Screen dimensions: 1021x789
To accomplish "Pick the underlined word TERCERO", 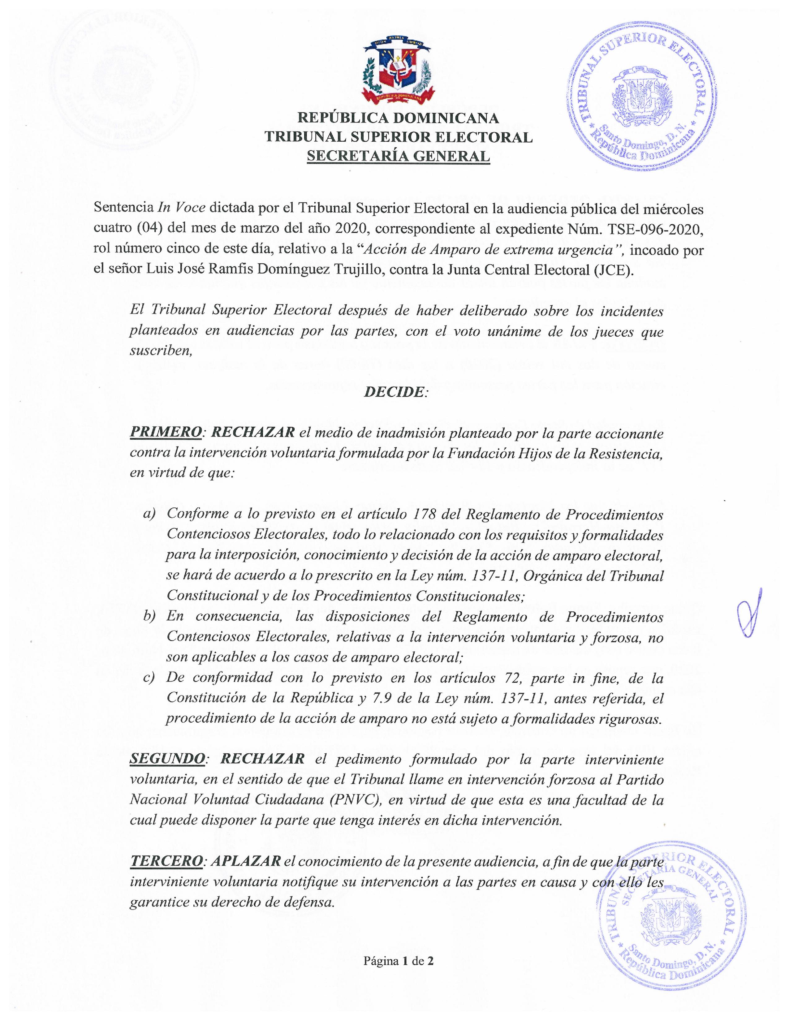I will point(166,861).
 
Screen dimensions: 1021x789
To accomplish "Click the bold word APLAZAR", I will point(246,861).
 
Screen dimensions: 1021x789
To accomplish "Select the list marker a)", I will point(149,514).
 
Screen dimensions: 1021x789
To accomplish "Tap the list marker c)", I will point(149,678).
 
